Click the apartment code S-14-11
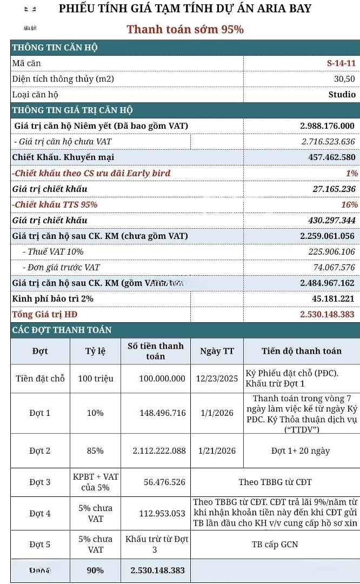[x=341, y=63]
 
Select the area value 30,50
[x=344, y=79]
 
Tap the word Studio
[x=342, y=95]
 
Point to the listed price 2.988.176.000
[x=327, y=126]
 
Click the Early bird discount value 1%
[x=352, y=173]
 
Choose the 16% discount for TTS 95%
[x=350, y=204]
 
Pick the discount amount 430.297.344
[x=326, y=220]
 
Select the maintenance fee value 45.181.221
[x=333, y=298]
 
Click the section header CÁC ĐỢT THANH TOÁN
[x=62, y=330]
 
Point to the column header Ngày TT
[x=217, y=351]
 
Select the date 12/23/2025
[x=217, y=379]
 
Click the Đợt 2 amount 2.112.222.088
[x=159, y=450]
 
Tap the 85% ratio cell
[x=95, y=450]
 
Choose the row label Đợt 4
[x=40, y=513]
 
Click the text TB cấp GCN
[x=275, y=544]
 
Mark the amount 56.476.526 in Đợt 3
[x=164, y=482]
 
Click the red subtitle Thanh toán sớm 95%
[x=185, y=29]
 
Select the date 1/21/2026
[x=217, y=450]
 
